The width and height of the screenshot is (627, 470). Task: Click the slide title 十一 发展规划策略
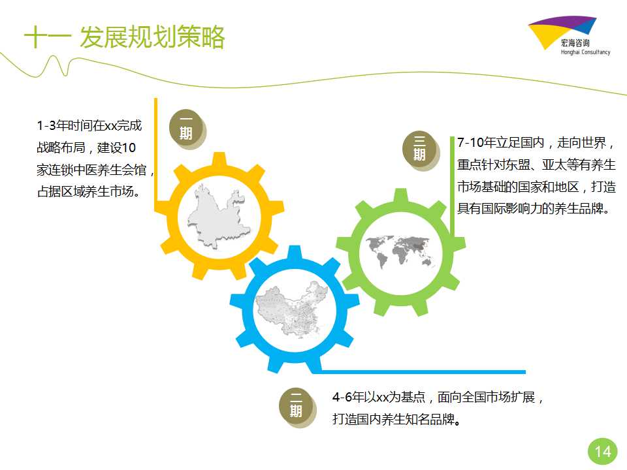(124, 37)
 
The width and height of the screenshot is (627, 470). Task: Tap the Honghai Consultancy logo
(569, 35)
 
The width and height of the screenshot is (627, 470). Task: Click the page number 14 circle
(603, 452)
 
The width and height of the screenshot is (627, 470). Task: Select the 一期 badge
(186, 128)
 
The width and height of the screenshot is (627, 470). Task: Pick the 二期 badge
(297, 405)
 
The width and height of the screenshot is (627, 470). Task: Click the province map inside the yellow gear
(218, 216)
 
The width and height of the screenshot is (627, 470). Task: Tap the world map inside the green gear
(400, 251)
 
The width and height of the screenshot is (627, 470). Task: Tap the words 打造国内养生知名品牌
(393, 419)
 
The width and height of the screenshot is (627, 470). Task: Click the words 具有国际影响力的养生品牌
(530, 209)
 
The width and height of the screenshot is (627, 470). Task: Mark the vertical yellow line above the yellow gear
(156, 154)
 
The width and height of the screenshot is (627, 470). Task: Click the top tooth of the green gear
(400, 195)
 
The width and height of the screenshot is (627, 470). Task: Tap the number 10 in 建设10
(129, 148)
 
